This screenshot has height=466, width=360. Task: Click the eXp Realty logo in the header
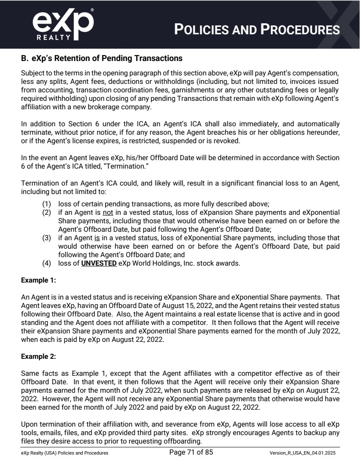(x=62, y=24)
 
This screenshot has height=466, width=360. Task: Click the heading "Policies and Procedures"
(x=257, y=29)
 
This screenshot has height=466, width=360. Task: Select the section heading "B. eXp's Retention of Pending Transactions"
(x=102, y=58)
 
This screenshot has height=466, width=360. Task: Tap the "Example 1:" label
(x=39, y=280)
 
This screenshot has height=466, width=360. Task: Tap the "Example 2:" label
(x=39, y=356)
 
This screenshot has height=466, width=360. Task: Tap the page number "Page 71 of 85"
(x=191, y=452)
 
